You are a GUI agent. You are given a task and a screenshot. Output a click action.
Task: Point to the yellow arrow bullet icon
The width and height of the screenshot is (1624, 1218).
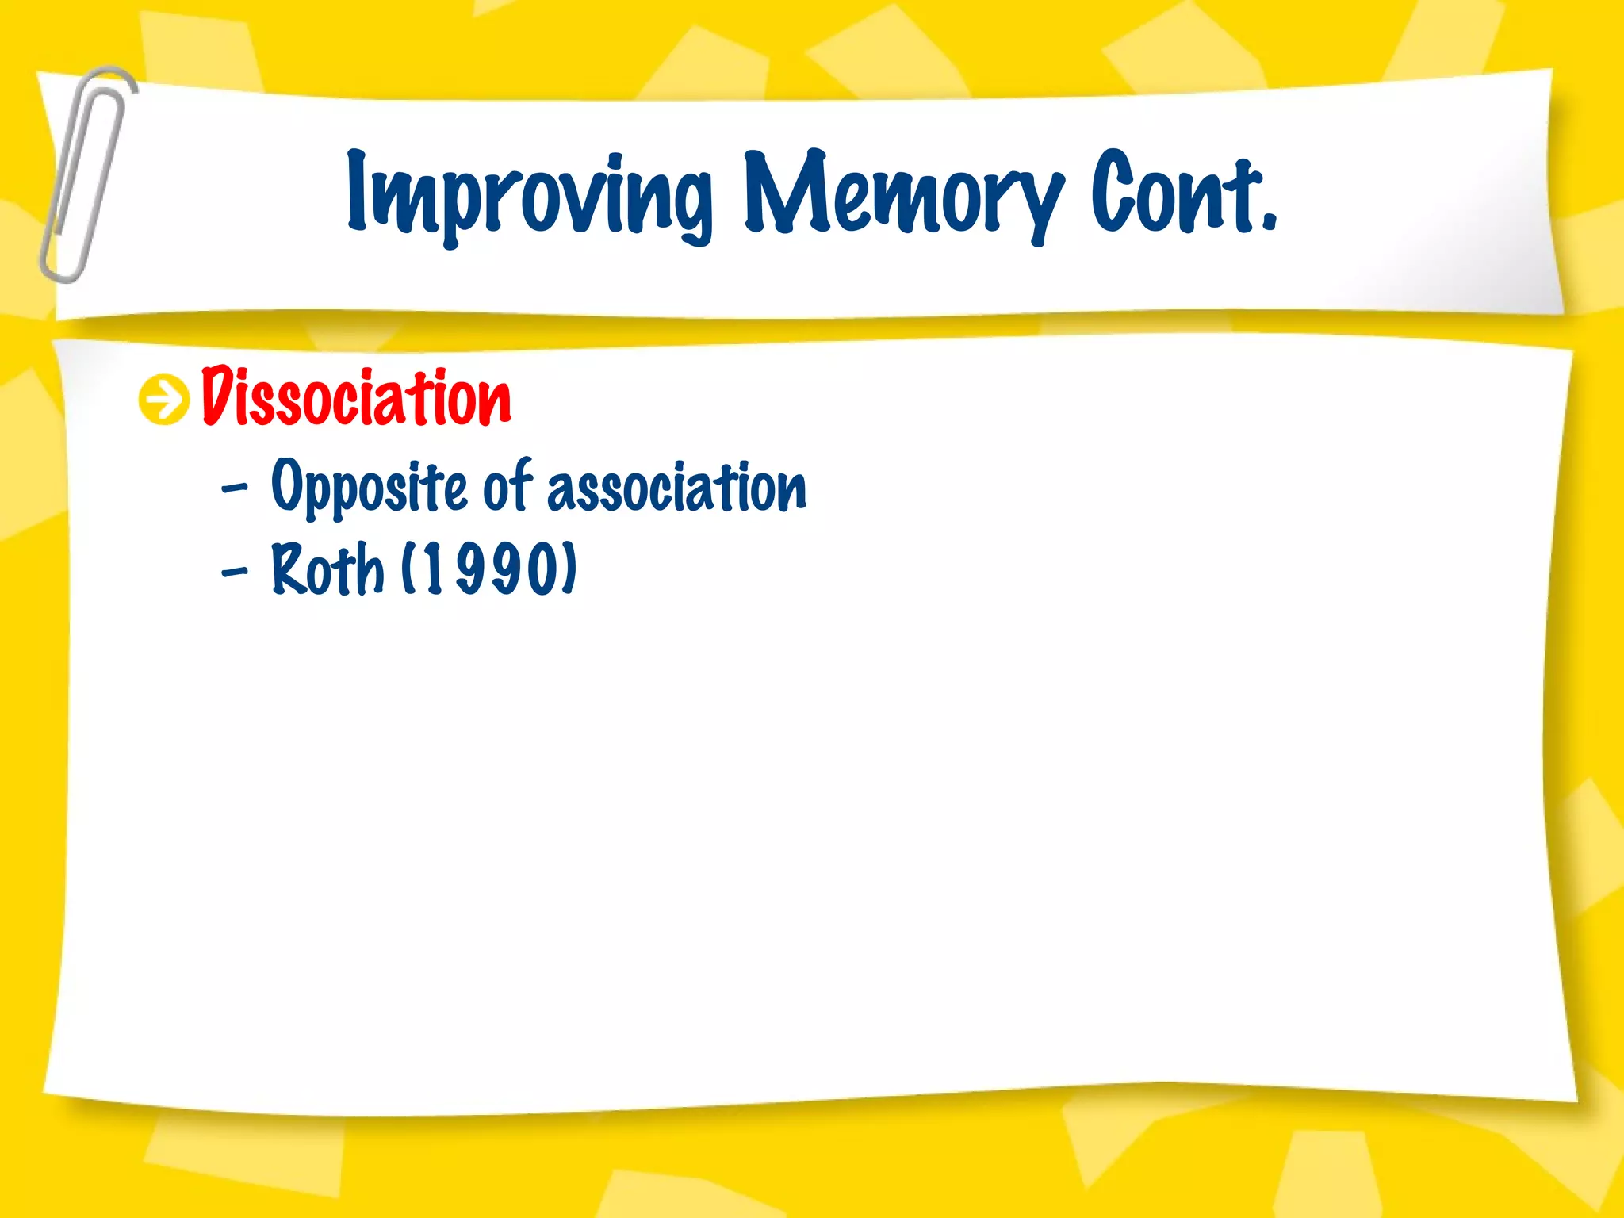[x=164, y=400]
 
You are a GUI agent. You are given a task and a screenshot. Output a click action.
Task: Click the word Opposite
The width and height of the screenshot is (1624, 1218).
[x=369, y=485]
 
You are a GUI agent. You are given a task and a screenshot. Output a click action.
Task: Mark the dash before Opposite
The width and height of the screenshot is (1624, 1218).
[x=235, y=488]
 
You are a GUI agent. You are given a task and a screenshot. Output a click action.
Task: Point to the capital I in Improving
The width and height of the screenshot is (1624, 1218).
[x=357, y=190]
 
